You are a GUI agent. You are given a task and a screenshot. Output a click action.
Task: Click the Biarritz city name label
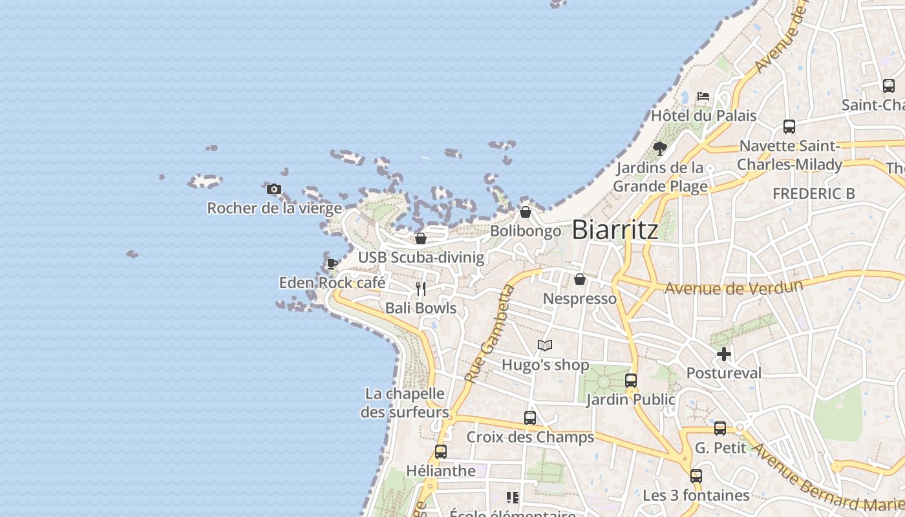[615, 230]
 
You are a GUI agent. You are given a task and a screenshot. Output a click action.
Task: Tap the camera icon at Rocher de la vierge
[274, 189]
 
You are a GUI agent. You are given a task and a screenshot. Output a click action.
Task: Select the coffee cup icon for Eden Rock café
[332, 264]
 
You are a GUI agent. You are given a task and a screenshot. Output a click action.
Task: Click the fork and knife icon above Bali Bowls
[421, 288]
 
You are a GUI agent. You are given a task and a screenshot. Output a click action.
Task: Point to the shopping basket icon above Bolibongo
[526, 212]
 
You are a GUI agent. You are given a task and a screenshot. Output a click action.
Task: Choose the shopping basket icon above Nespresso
[580, 279]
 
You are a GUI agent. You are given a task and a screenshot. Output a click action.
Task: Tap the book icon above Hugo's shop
[545, 346]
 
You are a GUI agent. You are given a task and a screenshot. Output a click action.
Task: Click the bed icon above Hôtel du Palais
[703, 96]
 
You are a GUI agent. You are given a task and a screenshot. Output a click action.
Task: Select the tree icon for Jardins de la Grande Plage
[660, 149]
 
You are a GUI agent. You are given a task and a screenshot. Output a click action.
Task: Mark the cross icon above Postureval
[724, 354]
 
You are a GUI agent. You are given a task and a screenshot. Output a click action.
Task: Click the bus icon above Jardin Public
[631, 380]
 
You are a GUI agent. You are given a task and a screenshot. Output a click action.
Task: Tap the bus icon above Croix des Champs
[530, 418]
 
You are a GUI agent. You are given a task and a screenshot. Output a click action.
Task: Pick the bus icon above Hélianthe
[441, 452]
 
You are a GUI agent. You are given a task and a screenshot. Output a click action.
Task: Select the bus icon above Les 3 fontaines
[696, 476]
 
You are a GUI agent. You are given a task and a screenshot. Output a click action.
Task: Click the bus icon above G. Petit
[720, 428]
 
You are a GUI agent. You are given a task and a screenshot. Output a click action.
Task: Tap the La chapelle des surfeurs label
[405, 403]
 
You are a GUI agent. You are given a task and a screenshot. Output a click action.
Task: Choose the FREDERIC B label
[813, 193]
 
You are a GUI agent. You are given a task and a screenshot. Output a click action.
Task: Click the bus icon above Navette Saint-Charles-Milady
[789, 127]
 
